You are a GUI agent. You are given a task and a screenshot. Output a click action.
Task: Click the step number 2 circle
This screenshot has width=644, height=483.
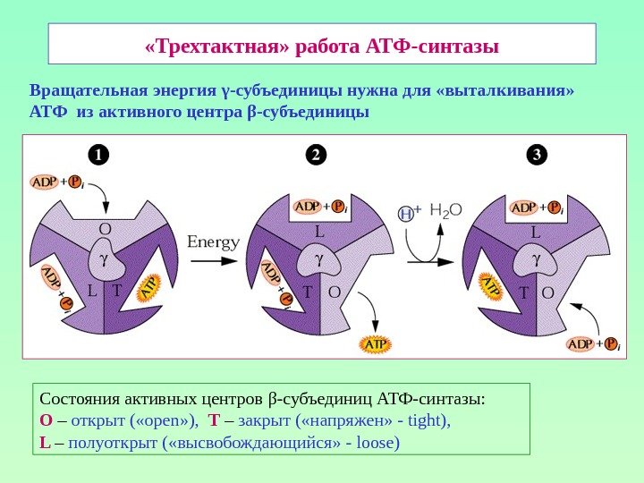(x=314, y=155)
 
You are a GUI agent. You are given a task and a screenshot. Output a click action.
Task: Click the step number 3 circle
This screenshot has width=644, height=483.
(x=536, y=155)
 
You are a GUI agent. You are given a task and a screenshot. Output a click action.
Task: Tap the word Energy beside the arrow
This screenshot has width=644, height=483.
(x=214, y=242)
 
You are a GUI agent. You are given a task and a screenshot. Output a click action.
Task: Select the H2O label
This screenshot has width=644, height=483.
(x=445, y=211)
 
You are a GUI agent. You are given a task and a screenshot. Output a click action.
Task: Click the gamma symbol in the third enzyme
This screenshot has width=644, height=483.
(x=537, y=260)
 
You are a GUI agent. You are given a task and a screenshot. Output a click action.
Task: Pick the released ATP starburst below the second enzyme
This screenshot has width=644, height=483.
(x=374, y=343)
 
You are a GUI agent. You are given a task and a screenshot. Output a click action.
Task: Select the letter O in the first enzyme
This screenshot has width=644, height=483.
(x=105, y=229)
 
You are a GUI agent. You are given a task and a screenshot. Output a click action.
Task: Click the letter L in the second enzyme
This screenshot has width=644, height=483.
(x=318, y=232)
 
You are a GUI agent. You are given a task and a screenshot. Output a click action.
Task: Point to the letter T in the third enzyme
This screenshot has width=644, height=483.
(x=525, y=292)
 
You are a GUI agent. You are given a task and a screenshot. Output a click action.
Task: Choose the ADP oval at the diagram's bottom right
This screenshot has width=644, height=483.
(x=582, y=343)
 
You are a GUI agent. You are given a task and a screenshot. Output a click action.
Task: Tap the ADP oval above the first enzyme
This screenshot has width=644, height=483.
(x=46, y=182)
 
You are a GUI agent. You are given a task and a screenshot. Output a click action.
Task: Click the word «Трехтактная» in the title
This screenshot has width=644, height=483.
(x=216, y=45)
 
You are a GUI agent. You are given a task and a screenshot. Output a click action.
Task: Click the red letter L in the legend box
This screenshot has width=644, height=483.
(x=45, y=442)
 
